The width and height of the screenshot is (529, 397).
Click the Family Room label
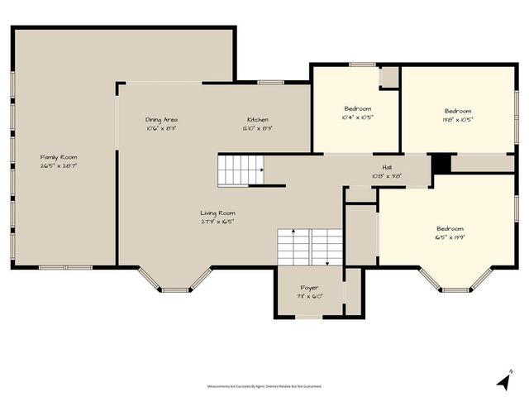click(64, 156)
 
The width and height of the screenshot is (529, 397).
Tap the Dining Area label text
click(161, 120)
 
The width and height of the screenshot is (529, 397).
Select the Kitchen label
click(257, 120)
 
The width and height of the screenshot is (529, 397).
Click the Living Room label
click(217, 213)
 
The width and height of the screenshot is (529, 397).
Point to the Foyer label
click(309, 288)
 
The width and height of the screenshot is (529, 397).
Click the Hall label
click(386, 167)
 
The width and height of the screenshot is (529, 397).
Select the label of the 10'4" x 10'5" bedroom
click(358, 109)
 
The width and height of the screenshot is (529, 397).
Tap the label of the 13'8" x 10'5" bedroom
click(458, 111)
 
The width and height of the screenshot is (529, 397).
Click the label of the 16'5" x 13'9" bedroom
click(450, 229)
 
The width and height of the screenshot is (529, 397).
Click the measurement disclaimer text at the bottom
click(264, 385)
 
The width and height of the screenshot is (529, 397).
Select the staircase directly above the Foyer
click(309, 246)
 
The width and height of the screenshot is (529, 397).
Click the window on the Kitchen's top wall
click(270, 82)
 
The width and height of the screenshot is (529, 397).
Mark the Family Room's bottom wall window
click(66, 267)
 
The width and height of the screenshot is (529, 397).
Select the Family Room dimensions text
click(64, 165)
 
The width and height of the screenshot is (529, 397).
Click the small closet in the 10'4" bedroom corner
click(389, 76)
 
